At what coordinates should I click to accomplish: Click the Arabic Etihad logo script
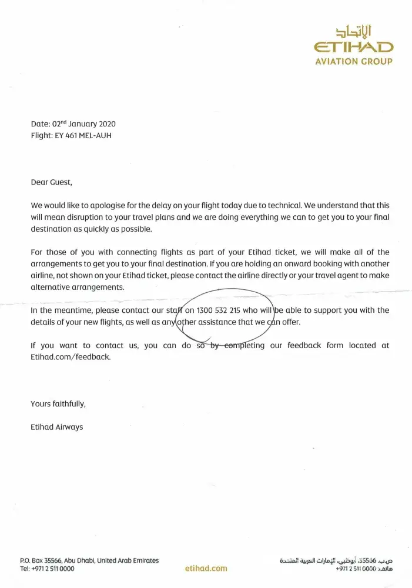click(353, 31)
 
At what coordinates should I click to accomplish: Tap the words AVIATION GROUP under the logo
click(353, 61)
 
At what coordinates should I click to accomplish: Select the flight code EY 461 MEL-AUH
click(71, 135)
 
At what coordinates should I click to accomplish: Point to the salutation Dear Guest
click(51, 182)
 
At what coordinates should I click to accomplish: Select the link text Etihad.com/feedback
click(70, 357)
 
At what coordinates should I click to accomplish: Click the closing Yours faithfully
click(58, 404)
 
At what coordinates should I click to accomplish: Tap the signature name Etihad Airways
click(56, 427)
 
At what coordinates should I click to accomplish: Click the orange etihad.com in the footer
click(206, 569)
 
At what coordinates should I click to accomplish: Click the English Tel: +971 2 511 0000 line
click(47, 569)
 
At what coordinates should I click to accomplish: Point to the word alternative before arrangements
click(51, 286)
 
